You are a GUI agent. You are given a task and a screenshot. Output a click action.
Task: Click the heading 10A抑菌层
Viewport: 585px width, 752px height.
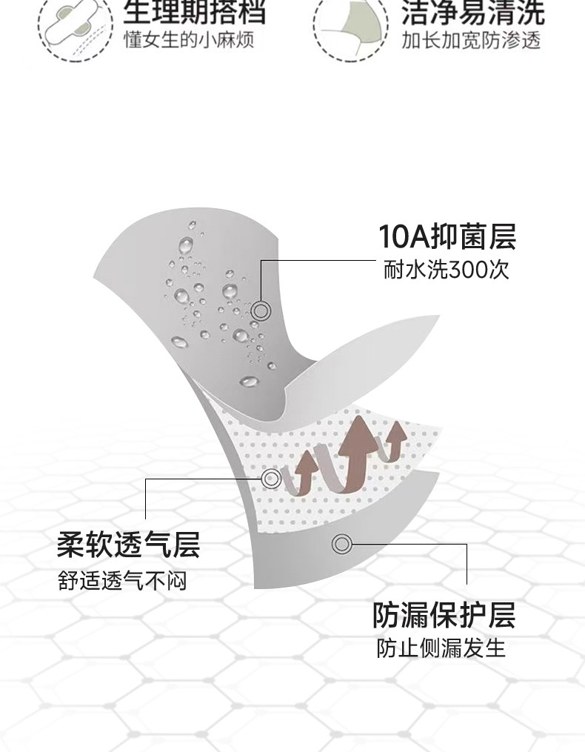pyautogui.click(x=447, y=236)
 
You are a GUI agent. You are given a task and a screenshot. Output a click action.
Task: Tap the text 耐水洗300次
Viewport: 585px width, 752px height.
pyautogui.click(x=447, y=270)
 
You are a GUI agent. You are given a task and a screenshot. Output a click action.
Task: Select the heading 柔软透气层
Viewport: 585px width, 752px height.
pyautogui.click(x=128, y=546)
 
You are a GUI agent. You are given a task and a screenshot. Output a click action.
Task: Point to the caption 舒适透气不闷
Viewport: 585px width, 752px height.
pyautogui.click(x=122, y=580)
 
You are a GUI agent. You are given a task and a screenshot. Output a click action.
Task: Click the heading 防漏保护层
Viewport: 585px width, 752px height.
pyautogui.click(x=444, y=614)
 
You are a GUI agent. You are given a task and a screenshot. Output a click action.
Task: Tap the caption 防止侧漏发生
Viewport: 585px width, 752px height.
pyautogui.click(x=441, y=648)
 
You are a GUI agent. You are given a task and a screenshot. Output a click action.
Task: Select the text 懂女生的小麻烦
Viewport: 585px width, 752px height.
pyautogui.click(x=189, y=39)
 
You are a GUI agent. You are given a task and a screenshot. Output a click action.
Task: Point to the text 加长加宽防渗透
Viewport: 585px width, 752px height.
pyautogui.click(x=472, y=39)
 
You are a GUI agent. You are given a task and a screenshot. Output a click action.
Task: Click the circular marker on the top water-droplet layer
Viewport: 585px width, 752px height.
pyautogui.click(x=261, y=310)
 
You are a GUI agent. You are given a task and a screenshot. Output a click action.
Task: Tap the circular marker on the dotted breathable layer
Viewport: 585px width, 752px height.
pyautogui.click(x=271, y=478)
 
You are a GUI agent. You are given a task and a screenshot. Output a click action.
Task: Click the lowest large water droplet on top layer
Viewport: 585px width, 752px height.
pyautogui.click(x=250, y=381)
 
